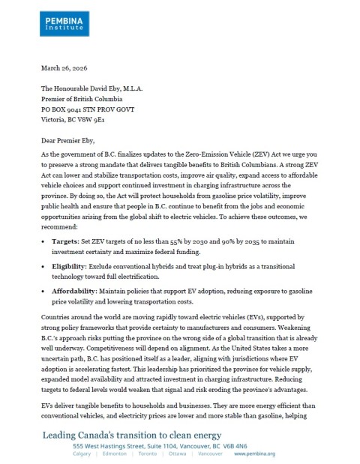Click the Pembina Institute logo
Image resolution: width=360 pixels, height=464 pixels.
(66, 19)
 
